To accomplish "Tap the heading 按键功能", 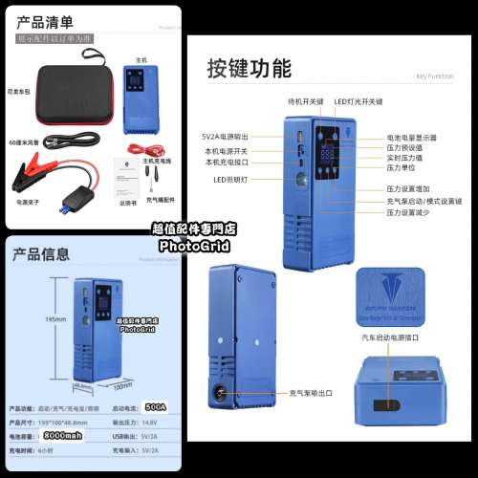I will (x=250, y=67).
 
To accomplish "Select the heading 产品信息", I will (x=41, y=254).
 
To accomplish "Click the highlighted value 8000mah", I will (x=63, y=436).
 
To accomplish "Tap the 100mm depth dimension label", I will (x=122, y=386).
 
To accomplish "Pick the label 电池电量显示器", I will (x=412, y=138).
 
